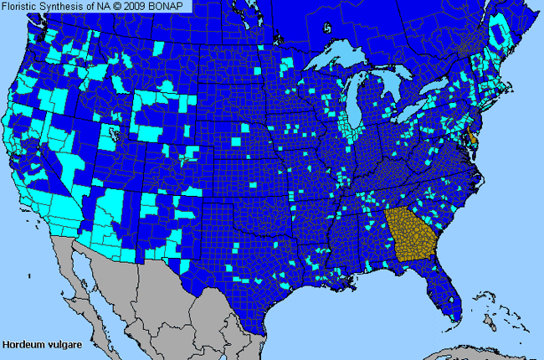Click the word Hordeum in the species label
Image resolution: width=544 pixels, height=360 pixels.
coord(23,344)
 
